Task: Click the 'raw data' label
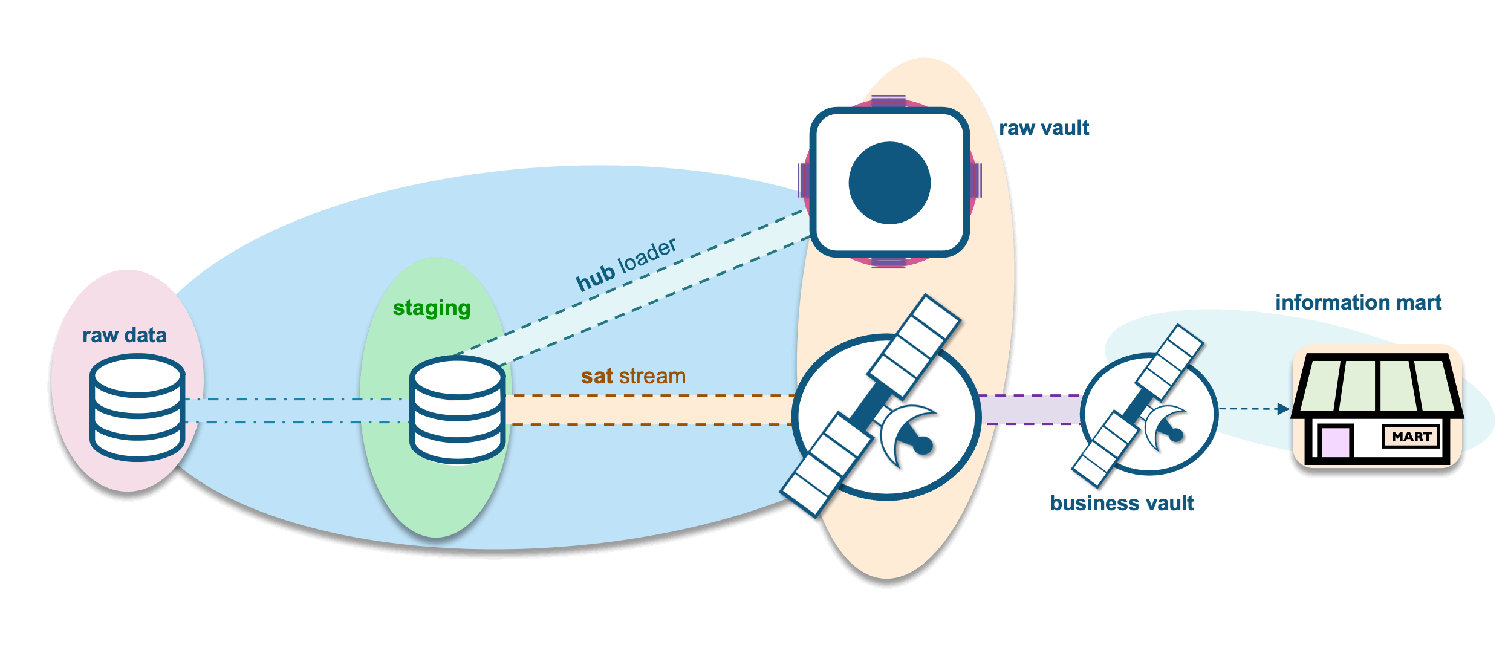(x=124, y=335)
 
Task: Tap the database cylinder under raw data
(x=137, y=408)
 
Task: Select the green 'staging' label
(x=431, y=308)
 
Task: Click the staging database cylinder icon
(x=457, y=410)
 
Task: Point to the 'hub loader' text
(x=626, y=264)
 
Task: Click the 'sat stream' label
(x=633, y=376)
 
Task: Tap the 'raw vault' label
(x=1044, y=128)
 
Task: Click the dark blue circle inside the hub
(x=889, y=183)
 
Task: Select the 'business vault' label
(x=1122, y=503)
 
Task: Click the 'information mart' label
(x=1358, y=302)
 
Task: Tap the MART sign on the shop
(x=1411, y=437)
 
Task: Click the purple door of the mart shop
(x=1335, y=441)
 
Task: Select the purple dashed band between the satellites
(x=1030, y=409)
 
